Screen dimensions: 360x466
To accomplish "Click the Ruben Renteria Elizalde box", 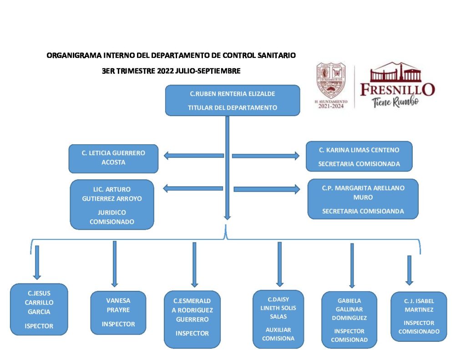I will pos(232,100).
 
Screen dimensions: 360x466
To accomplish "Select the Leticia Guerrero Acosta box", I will pos(113,158).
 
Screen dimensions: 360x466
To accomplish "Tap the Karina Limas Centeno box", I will pos(359,156).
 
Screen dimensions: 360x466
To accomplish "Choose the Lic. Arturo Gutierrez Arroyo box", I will pos(112,204).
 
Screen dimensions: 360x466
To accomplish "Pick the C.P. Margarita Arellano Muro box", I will pos(363,199).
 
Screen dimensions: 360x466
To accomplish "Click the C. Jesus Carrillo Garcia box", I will pos(39,309).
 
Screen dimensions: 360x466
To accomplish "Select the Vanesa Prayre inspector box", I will pos(118,313).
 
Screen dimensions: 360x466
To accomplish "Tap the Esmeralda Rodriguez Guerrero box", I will pos(192,319).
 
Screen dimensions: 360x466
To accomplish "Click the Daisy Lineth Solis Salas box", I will pos(278,319).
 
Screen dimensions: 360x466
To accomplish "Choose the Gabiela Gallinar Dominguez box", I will pos(349,320).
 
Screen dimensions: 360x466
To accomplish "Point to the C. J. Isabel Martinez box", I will pos(419,316).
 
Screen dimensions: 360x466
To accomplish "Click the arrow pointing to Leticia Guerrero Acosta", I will pos(193,156).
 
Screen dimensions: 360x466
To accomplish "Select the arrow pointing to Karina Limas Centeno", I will pos(266,156).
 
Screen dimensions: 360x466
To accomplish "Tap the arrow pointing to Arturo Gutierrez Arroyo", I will pos(193,188).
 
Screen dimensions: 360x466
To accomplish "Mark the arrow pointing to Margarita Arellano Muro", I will pos(267,189).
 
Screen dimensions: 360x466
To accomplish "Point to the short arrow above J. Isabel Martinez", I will pos(409,270).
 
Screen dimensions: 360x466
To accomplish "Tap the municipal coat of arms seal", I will pos(331,81).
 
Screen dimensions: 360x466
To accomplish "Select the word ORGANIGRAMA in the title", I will pos(75,56).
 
